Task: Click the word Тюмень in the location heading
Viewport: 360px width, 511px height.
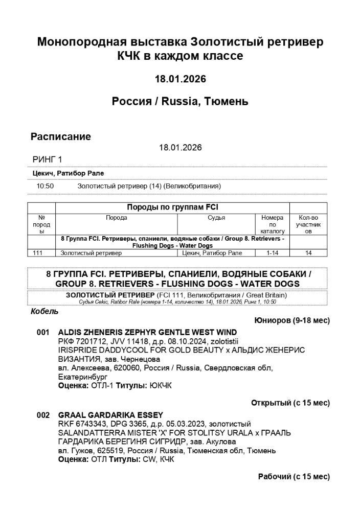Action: (226, 101)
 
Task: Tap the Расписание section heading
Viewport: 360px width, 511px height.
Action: (61, 136)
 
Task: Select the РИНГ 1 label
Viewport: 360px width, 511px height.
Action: (47, 159)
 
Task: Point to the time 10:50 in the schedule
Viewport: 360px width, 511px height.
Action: (45, 186)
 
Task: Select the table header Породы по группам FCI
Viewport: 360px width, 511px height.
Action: (172, 207)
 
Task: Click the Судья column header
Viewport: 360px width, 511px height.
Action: (216, 218)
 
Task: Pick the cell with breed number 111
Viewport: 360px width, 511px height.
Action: (37, 252)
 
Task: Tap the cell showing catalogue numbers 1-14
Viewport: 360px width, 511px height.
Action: (272, 252)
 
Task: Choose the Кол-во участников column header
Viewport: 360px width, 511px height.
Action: (308, 224)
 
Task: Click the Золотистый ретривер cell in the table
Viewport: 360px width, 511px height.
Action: (91, 252)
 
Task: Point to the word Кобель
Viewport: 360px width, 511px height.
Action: (44, 311)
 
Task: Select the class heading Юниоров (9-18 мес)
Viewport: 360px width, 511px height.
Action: (291, 320)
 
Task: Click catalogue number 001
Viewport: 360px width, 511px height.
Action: (43, 332)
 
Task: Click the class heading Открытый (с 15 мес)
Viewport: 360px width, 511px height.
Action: (290, 403)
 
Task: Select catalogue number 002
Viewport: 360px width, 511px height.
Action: (43, 415)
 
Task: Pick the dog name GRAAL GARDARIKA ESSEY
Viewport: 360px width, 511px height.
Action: (110, 415)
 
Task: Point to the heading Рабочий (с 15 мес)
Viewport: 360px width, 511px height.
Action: (294, 476)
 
